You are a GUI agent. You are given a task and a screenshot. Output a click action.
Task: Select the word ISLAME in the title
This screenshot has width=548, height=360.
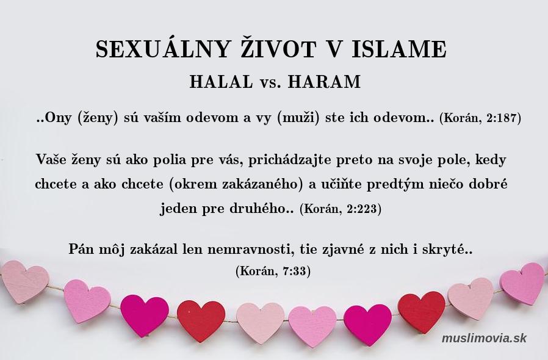399,49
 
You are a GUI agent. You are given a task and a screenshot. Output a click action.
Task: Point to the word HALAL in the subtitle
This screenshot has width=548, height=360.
222,82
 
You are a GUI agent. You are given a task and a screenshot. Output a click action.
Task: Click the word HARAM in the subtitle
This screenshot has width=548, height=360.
324,82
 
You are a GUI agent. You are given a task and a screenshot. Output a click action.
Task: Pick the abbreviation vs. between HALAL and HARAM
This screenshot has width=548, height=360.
270,83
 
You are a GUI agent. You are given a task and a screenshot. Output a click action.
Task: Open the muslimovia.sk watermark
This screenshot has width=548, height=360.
484,338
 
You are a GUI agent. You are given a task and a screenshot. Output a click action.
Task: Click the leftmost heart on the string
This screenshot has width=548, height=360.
24,281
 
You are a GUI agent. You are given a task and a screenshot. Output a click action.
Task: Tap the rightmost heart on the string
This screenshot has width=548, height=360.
523,283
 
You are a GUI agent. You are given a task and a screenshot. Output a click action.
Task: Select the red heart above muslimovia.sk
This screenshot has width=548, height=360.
422,312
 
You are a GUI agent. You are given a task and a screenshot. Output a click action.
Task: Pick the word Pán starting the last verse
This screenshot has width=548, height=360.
81,249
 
